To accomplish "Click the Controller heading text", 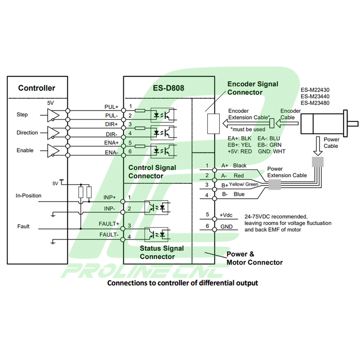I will [36, 88].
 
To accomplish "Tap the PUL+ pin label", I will [111, 107].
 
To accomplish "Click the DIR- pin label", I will [111, 134].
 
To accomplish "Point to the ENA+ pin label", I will [111, 143].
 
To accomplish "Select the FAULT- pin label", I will [109, 234].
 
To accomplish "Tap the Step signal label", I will [22, 115].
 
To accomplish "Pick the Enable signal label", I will [25, 150].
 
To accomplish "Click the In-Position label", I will [28, 195].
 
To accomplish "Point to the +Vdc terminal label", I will [226, 216].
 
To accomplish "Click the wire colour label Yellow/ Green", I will [243, 185].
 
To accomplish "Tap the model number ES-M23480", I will [315, 103].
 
